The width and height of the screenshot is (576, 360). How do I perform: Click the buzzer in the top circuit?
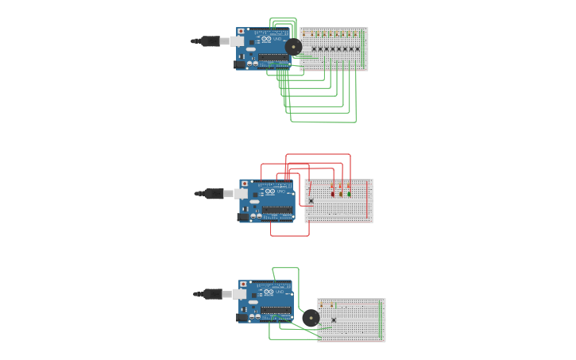click(294, 48)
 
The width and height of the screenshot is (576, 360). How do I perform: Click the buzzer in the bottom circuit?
click(311, 318)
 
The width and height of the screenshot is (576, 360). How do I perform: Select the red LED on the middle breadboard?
click(333, 193)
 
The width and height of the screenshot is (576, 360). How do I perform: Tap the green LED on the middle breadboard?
click(349, 193)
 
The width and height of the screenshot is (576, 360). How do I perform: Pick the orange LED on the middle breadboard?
click(341, 193)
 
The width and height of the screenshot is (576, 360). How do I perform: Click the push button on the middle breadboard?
click(311, 201)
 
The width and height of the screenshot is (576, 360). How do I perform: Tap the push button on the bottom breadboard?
click(334, 319)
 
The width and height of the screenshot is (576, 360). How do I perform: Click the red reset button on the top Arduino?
click(241, 31)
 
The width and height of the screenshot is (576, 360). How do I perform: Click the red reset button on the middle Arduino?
click(245, 184)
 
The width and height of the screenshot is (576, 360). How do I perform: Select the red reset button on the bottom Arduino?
click(243, 284)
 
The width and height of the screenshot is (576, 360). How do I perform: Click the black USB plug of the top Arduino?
click(210, 41)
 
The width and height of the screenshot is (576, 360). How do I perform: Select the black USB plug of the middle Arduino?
click(214, 193)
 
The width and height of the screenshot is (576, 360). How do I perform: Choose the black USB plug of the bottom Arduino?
click(212, 294)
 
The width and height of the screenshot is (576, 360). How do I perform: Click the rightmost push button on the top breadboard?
click(358, 49)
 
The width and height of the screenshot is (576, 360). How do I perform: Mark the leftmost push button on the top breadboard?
click(314, 49)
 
